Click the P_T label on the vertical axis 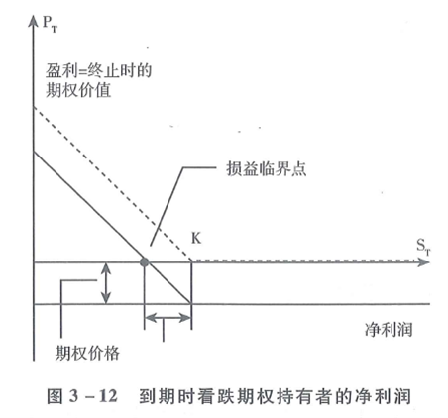[50, 24]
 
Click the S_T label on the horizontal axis [423, 247]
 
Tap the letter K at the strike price [196, 238]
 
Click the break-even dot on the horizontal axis [144, 262]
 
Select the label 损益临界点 [267, 168]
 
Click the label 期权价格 [87, 353]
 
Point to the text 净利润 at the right [389, 329]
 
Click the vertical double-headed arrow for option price [106, 283]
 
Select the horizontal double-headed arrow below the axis [168, 318]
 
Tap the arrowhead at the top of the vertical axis [33, 21]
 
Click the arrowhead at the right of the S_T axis [424, 262]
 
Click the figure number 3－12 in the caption [93, 396]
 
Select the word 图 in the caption [55, 396]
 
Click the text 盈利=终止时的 [98, 70]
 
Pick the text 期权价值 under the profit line [78, 90]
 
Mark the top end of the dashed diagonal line [34, 107]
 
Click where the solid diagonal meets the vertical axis [34, 152]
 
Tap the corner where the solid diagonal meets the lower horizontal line [191, 303]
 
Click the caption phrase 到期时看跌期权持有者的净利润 [276, 396]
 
